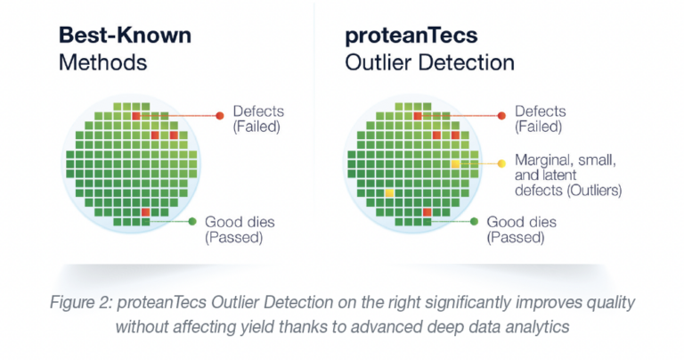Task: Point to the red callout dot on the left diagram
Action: [x=218, y=116]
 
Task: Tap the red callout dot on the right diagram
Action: [x=500, y=116]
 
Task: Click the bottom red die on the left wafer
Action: [x=145, y=211]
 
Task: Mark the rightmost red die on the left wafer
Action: [x=174, y=135]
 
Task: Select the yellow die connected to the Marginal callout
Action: [x=454, y=164]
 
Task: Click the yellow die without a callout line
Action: [x=389, y=192]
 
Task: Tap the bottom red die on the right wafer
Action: [x=427, y=211]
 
